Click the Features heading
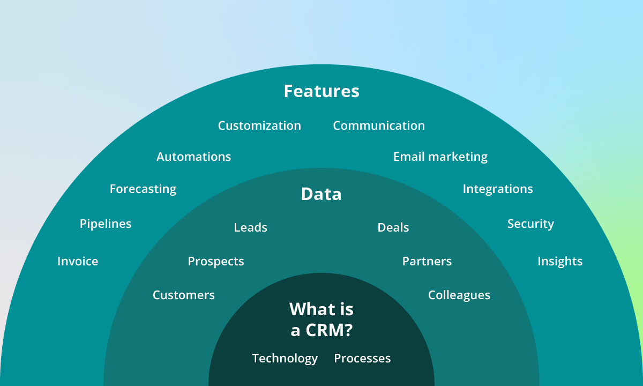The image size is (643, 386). coord(322,91)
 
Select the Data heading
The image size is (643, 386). coord(322,194)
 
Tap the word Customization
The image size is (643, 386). coord(259,126)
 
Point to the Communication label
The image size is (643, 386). coord(379,126)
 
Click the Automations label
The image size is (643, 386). coord(193,157)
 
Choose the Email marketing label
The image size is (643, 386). coord(440,157)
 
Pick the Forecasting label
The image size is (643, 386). coord(143,189)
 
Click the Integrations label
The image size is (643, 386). coord(498,189)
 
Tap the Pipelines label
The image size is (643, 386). coord(106,224)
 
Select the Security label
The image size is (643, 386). coord(530,224)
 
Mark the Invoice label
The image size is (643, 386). coord(78,262)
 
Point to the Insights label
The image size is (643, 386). coord(560,262)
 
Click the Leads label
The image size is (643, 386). coord(250,228)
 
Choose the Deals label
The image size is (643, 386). coord(393,228)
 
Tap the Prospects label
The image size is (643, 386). coord(216,262)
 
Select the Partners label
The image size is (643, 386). coord(427,262)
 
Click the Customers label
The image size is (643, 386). coord(184,295)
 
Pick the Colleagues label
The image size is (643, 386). coord(459,295)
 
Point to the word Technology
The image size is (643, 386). coord(285,359)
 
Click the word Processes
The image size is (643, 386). coord(362,359)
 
